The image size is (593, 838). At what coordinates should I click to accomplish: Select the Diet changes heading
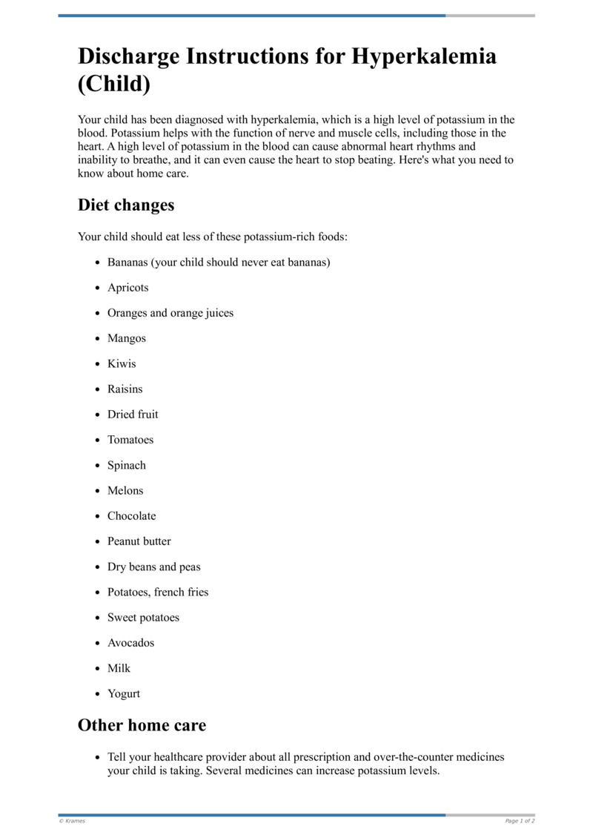tap(126, 205)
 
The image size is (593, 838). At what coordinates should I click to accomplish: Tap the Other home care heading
tap(142, 725)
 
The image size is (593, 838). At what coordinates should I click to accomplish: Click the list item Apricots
tap(127, 288)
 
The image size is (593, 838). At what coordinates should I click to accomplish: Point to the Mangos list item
tap(127, 338)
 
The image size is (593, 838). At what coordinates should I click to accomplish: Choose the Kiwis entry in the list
tap(122, 364)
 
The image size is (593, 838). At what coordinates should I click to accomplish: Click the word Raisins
tap(125, 389)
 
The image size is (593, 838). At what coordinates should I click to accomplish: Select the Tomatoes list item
tap(130, 440)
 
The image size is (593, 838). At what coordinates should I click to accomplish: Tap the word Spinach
tap(127, 466)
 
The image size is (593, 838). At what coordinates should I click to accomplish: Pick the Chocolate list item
tap(131, 516)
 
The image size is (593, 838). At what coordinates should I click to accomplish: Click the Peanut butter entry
tap(139, 541)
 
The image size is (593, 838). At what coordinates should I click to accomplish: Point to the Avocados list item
tap(131, 643)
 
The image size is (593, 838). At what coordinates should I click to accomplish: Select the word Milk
tap(119, 668)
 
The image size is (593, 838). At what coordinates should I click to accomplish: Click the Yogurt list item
tap(124, 694)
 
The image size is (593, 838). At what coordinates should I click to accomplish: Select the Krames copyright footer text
tap(72, 821)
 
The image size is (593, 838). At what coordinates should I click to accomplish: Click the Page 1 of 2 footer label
tap(520, 821)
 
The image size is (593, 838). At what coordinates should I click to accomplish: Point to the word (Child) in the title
tap(114, 85)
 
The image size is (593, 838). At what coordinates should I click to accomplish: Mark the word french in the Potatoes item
tap(171, 593)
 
